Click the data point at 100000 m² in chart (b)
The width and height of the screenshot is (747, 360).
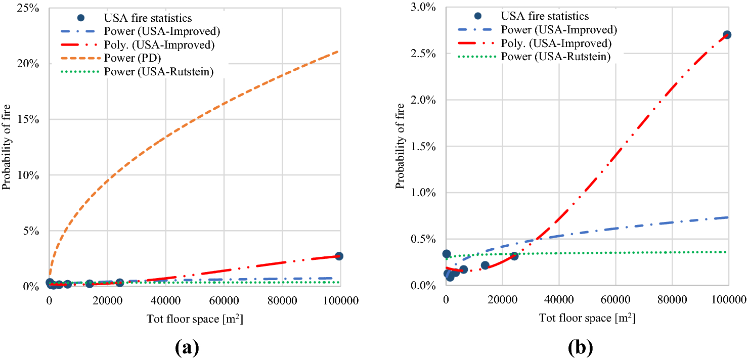[x=727, y=35]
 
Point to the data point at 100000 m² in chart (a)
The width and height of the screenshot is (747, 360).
[x=339, y=256]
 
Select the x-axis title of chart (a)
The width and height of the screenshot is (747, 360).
[x=193, y=319]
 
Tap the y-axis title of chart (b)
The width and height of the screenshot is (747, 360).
[x=400, y=146]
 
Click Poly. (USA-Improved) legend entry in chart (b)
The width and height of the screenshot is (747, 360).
[x=556, y=43]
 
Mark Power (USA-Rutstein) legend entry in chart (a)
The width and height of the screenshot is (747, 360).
[x=158, y=71]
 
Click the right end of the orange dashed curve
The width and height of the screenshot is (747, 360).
[x=338, y=51]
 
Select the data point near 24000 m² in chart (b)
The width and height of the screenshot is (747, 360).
[x=514, y=256]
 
